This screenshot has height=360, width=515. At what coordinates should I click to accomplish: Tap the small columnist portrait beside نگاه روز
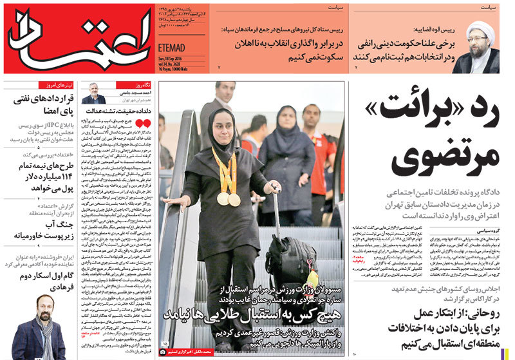coord(93,94)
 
